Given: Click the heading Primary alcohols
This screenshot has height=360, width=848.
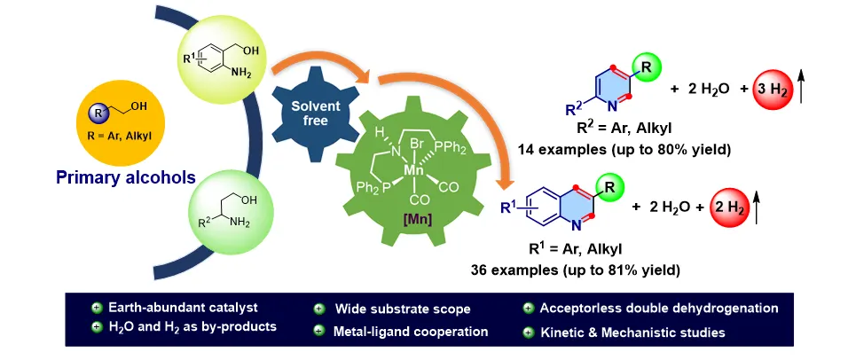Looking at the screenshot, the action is point(125,178).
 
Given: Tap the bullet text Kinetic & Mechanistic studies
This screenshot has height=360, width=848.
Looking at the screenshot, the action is point(632,332).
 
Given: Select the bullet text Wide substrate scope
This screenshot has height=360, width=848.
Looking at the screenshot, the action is point(403,309).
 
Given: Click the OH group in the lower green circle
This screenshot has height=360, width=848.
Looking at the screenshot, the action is point(249,200).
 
